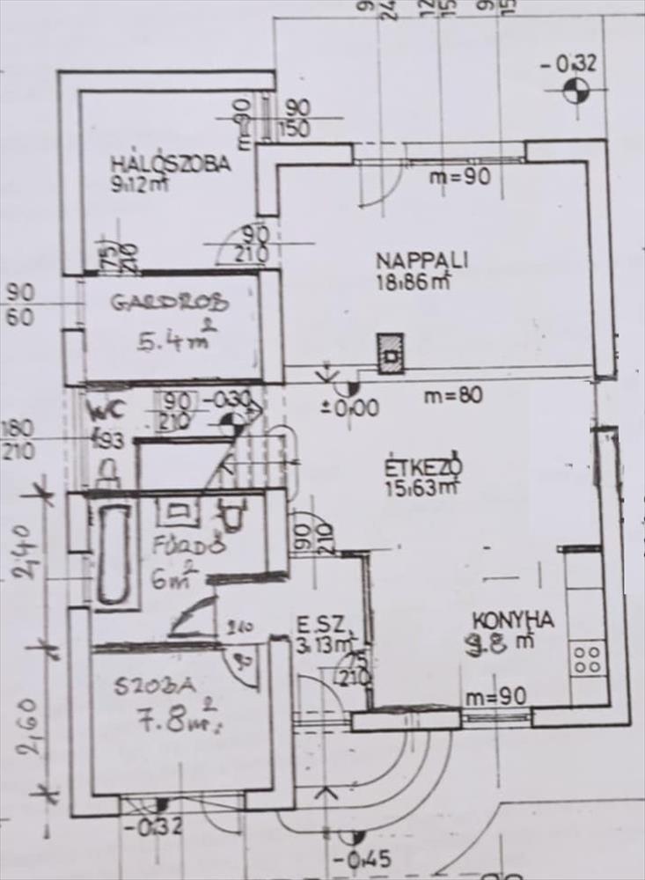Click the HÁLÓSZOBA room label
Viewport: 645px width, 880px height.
pos(170,163)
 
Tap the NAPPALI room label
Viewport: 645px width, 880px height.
pos(421,260)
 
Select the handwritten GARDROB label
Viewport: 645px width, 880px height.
pos(169,303)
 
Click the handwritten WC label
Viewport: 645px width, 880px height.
pos(109,408)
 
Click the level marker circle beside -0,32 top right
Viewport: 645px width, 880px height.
pos(575,90)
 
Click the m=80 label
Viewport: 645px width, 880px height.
pos(452,395)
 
